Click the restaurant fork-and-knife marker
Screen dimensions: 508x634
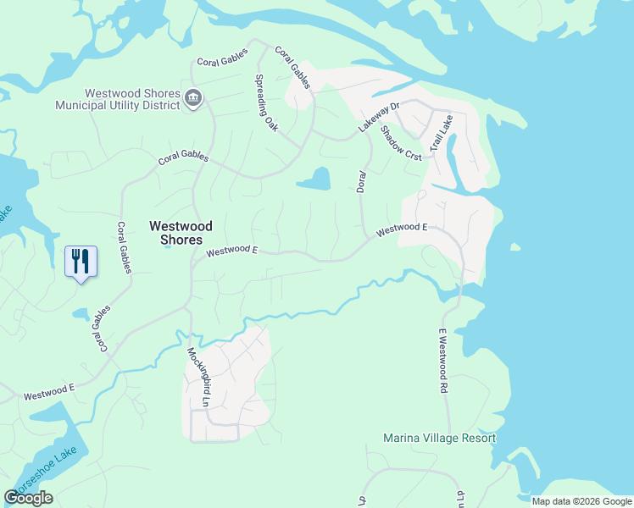pyautogui.click(x=81, y=260)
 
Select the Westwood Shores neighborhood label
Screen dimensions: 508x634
pyautogui.click(x=181, y=233)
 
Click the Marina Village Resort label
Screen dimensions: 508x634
pyautogui.click(x=439, y=438)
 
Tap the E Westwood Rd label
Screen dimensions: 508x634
pyautogui.click(x=442, y=362)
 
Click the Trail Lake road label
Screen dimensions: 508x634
pyautogui.click(x=442, y=133)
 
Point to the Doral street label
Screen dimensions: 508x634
pyautogui.click(x=361, y=180)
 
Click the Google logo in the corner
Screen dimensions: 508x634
pyautogui.click(x=28, y=498)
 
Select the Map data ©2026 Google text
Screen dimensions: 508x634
pyautogui.click(x=581, y=501)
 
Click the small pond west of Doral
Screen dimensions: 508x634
pyautogui.click(x=314, y=179)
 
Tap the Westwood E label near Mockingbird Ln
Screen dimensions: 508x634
pyautogui.click(x=231, y=251)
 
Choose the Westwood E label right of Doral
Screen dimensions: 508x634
pyautogui.click(x=402, y=229)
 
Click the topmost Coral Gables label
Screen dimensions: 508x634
pyautogui.click(x=222, y=58)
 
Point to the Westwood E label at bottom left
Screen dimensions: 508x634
pyautogui.click(x=49, y=392)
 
